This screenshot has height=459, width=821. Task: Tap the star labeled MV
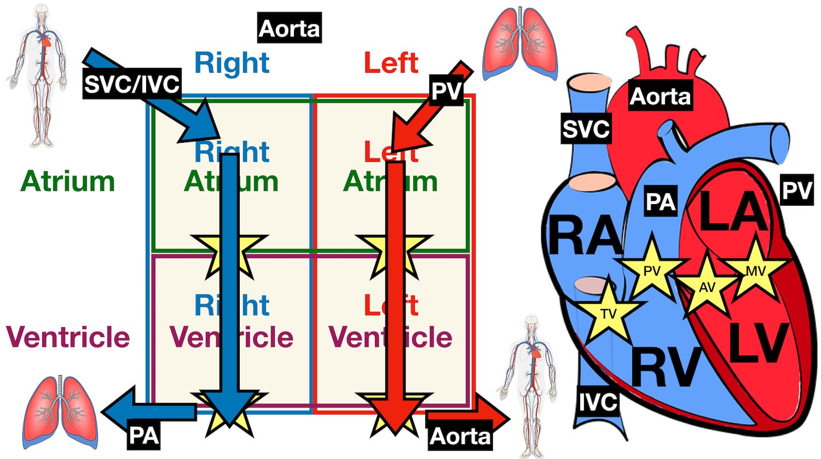coord(756,271)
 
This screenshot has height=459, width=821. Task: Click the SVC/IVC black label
coord(132,84)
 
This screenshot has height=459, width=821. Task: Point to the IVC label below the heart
coord(599,402)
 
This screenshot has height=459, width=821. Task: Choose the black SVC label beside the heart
coord(586,129)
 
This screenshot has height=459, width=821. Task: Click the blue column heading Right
coord(232,63)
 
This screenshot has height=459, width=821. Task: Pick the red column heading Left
coord(391,63)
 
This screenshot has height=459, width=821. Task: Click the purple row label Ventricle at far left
coord(68,336)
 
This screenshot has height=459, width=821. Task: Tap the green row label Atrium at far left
coord(68,182)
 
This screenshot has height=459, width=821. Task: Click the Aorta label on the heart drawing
coord(660,96)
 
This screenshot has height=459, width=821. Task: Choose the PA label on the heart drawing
coord(661,202)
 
